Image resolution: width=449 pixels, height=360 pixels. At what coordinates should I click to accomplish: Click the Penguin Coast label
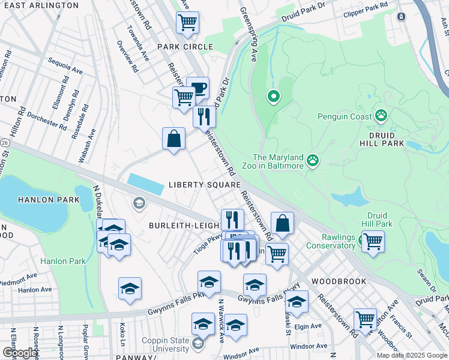tap(345, 117)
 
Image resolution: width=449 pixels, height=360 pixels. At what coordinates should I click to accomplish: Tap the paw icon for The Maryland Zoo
tap(312, 160)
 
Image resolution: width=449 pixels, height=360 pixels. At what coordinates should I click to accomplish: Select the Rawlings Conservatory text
tap(331, 241)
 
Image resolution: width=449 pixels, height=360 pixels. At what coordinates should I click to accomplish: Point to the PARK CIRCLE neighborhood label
tap(185, 47)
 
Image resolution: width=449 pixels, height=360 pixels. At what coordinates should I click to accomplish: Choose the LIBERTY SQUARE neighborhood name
tap(204, 185)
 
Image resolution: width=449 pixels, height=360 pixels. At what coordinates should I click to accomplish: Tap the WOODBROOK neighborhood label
tap(334, 281)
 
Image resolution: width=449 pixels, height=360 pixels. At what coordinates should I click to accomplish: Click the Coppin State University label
tap(165, 344)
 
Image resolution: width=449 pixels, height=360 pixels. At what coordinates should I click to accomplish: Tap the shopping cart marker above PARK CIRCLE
tap(187, 23)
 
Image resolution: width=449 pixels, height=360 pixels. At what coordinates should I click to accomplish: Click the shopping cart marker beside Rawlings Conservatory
tap(373, 242)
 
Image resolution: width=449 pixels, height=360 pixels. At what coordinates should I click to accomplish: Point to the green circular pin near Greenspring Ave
tap(274, 96)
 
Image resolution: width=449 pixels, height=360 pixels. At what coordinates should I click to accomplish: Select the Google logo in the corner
tap(20, 353)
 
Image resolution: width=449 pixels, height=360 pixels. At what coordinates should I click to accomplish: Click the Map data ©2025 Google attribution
tap(412, 355)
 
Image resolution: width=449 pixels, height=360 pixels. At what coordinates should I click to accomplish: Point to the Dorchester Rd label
tap(46, 119)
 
